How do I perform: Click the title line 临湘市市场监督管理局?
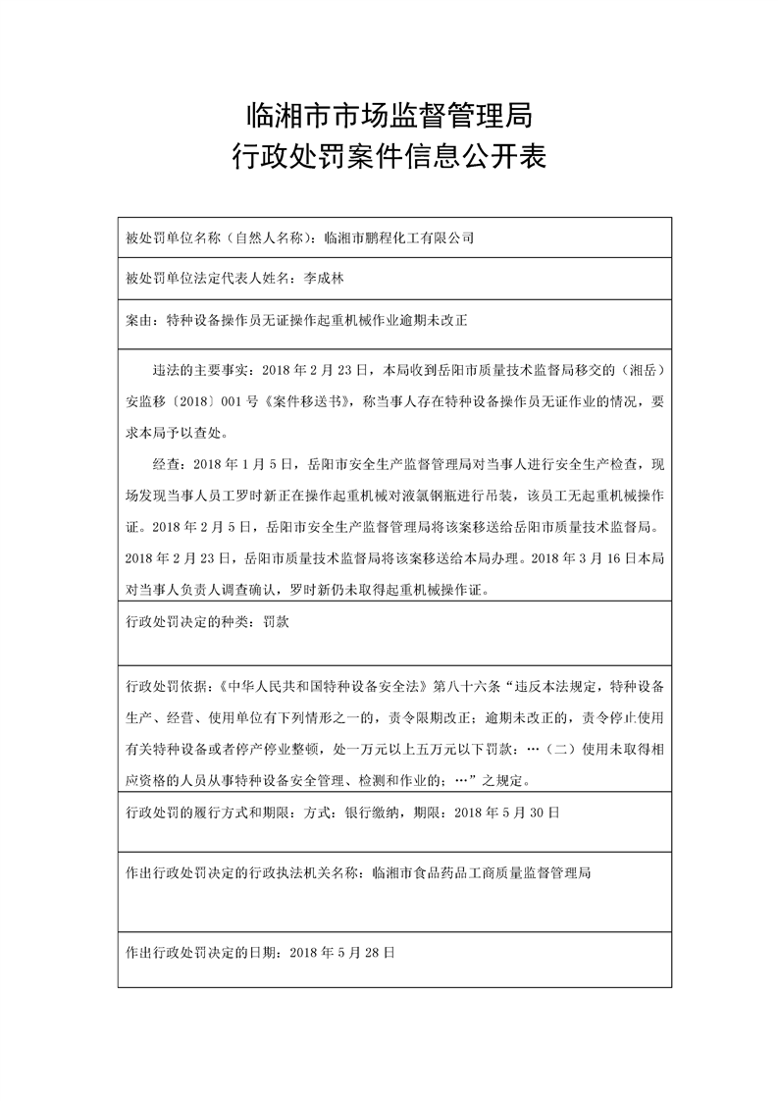coord(389,116)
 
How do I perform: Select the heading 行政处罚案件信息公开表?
coord(389,156)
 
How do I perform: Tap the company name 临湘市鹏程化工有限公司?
coord(398,237)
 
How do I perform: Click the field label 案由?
coord(139,320)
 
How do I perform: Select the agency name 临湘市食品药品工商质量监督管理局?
coord(483,871)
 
